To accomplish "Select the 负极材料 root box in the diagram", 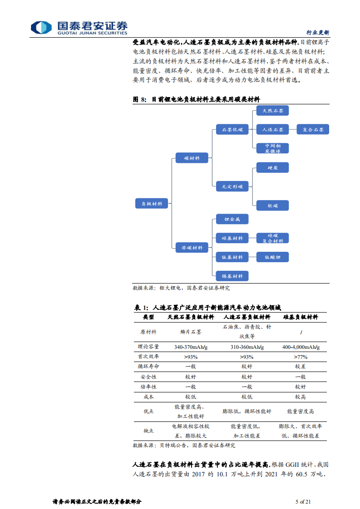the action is point(152,203).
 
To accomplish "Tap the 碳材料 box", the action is point(192,158).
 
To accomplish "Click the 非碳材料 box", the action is point(192,248).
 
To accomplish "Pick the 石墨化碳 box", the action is point(232,129).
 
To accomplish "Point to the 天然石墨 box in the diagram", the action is point(272,110).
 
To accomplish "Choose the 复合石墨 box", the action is point(313,129).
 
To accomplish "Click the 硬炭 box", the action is point(272,167).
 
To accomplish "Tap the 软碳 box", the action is point(272,206).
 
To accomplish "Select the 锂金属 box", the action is point(232,219).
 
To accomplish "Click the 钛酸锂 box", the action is point(272,257).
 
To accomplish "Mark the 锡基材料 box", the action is point(232,276).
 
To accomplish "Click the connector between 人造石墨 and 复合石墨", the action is point(293,129).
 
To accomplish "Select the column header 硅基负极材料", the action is point(301,317).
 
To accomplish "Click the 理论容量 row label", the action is point(148,347).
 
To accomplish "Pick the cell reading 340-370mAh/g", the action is point(191,347).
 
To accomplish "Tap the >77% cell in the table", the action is point(301,357).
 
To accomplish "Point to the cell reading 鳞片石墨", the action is point(191,332).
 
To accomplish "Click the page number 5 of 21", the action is point(303,501).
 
